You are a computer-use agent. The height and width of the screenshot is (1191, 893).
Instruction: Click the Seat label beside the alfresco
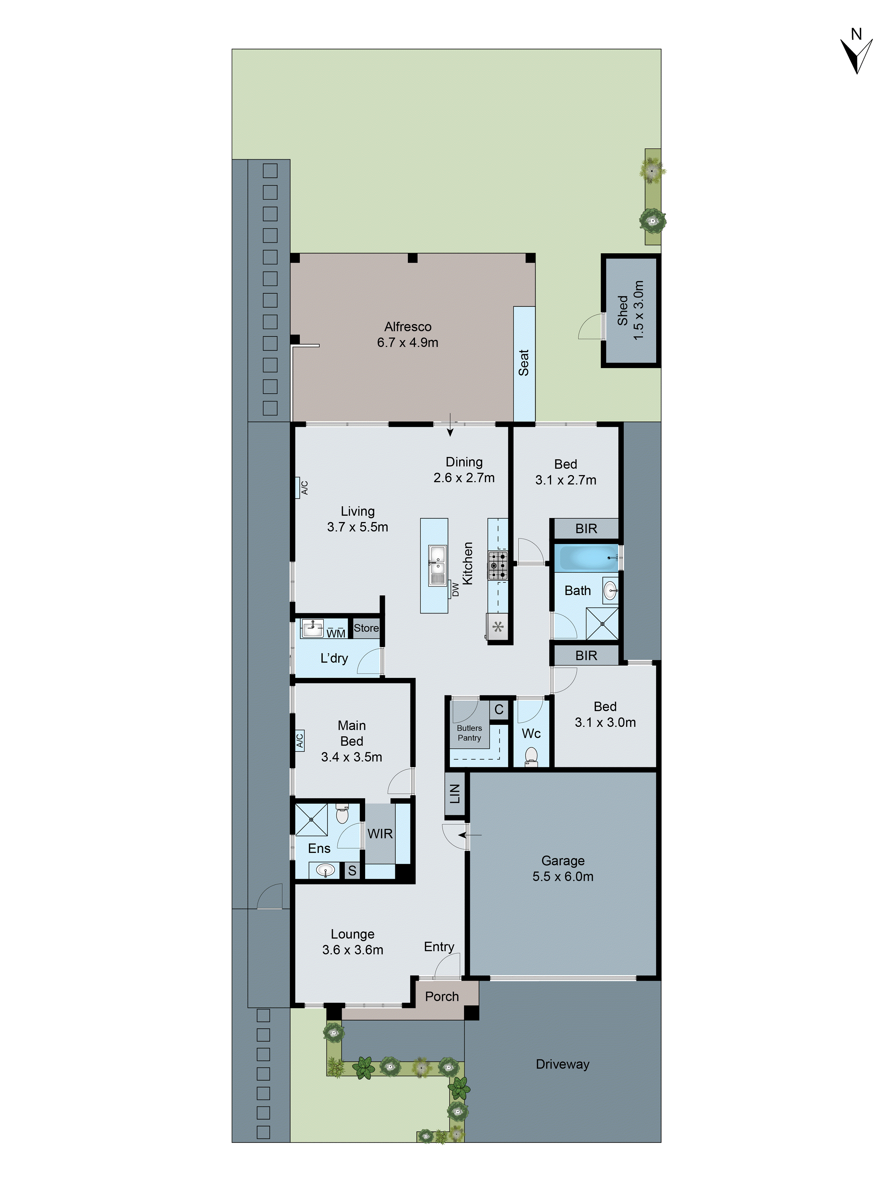click(524, 362)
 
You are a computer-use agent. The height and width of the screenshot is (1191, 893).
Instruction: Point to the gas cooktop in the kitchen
click(497, 565)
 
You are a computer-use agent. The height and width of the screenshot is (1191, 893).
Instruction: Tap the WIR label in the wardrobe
click(380, 833)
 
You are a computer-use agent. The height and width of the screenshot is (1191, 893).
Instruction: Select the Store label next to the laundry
click(366, 628)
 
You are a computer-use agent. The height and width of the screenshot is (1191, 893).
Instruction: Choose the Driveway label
click(563, 1064)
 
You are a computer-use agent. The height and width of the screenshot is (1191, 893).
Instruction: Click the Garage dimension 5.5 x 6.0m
click(563, 877)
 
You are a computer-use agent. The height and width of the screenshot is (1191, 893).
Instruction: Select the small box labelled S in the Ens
click(352, 871)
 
